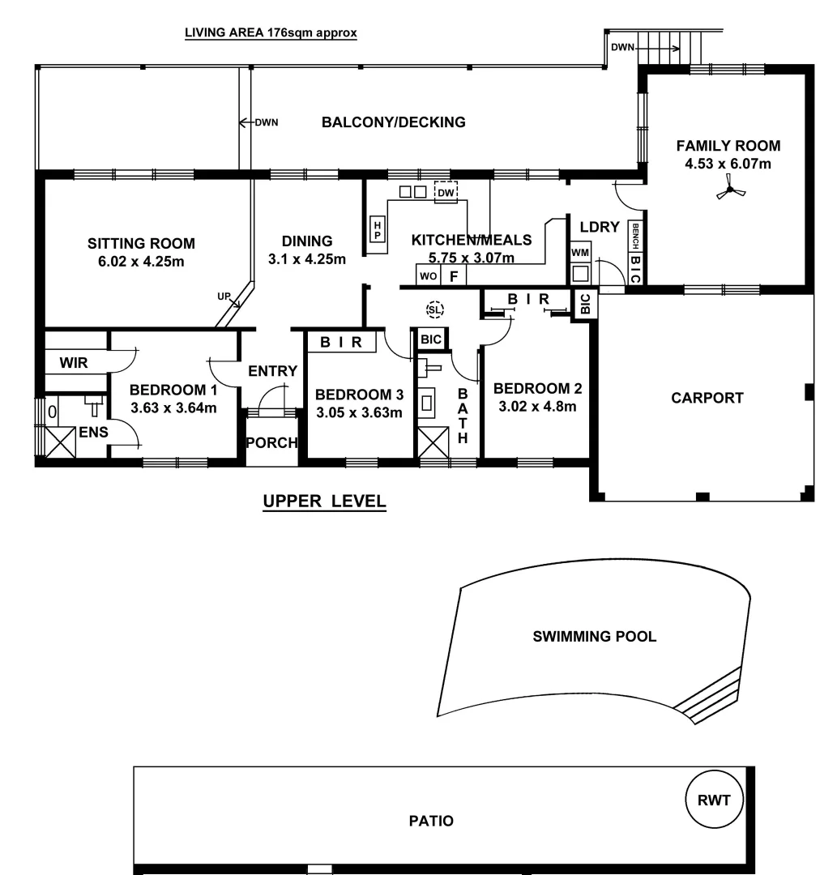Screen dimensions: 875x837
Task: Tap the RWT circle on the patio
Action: click(714, 800)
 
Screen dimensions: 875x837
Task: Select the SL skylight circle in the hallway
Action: click(435, 309)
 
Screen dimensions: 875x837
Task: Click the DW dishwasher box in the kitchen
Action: click(446, 193)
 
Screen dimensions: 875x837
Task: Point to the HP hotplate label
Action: click(378, 229)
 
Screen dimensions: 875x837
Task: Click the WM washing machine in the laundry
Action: click(580, 254)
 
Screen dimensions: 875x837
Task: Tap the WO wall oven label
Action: click(428, 276)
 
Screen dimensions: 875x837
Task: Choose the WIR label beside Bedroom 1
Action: click(74, 362)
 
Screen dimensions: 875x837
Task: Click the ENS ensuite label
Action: click(93, 432)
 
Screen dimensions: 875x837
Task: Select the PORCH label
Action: click(272, 443)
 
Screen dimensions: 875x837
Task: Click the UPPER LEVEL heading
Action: click(324, 502)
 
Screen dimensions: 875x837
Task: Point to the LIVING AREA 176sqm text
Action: click(271, 33)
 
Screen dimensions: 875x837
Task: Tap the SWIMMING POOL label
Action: click(594, 636)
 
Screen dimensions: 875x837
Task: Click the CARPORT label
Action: click(707, 398)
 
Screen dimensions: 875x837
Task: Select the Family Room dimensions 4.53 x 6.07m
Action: click(728, 164)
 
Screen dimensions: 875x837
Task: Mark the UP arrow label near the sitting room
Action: click(224, 297)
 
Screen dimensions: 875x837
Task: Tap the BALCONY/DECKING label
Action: click(393, 122)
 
